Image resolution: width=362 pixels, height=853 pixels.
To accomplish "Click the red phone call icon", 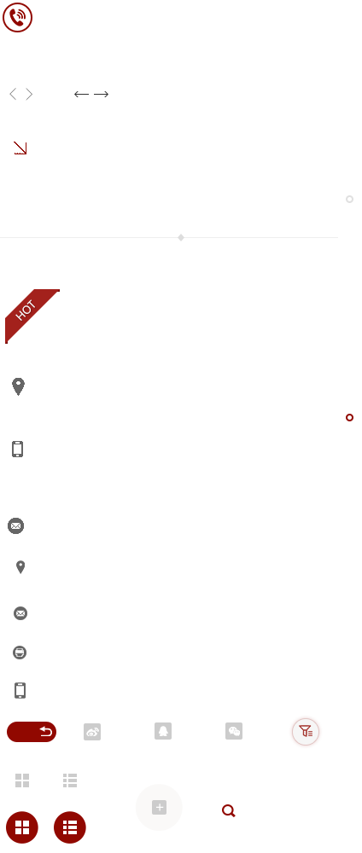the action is click(17, 17).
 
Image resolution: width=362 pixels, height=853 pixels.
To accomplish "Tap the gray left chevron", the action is click(13, 94).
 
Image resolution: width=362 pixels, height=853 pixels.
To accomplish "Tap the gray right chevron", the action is click(29, 94).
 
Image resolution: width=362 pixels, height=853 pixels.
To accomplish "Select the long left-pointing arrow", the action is click(81, 94).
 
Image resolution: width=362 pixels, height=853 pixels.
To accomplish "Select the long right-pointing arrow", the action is click(102, 94).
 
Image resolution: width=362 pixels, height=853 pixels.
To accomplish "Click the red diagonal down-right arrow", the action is click(20, 148).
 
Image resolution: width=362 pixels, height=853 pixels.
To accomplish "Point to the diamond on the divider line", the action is click(181, 237).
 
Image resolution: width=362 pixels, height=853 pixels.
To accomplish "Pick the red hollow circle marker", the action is click(349, 417).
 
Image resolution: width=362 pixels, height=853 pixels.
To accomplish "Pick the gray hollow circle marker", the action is click(349, 199).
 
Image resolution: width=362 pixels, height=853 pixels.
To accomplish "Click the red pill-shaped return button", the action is click(32, 732).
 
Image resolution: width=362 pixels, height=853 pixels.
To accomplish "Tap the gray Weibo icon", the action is click(92, 732).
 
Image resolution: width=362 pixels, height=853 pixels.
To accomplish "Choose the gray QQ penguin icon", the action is click(163, 731).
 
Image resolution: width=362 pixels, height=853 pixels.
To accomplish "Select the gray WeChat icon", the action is click(234, 731).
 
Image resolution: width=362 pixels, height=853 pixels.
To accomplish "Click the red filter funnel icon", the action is click(306, 732).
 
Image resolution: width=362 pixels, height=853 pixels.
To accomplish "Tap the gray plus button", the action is click(159, 807).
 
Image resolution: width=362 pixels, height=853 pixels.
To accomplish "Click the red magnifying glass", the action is click(229, 811).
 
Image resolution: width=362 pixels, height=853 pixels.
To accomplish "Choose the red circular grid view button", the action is click(22, 827).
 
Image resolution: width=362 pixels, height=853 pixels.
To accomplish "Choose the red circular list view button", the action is click(70, 827).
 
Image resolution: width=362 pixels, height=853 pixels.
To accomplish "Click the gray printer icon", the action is click(20, 653).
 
